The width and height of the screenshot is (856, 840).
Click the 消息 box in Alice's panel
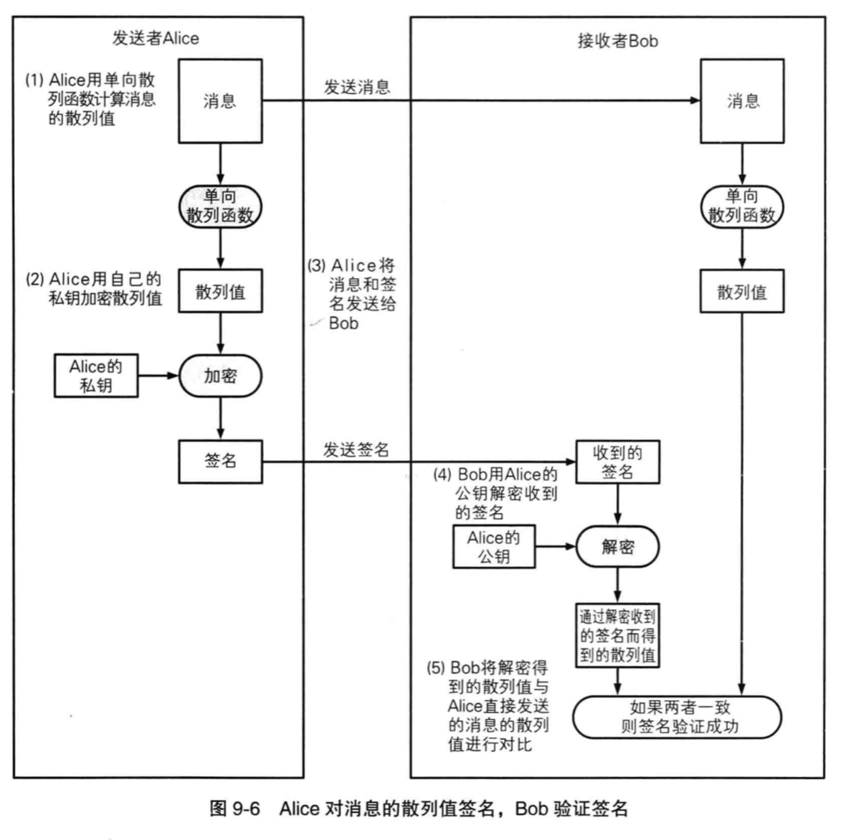click(x=220, y=101)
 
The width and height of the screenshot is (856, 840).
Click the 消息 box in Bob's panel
click(x=742, y=101)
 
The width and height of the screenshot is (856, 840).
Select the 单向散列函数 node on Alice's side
click(x=220, y=206)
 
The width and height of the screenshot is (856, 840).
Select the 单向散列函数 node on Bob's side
click(x=742, y=206)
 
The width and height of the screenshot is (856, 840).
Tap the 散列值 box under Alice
click(x=220, y=291)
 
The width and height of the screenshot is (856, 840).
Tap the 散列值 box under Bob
click(x=742, y=291)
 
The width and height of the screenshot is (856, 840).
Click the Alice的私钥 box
click(x=96, y=376)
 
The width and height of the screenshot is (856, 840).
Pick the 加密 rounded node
click(x=220, y=376)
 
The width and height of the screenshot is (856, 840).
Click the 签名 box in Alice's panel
click(x=220, y=461)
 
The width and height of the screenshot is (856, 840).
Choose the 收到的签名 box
click(x=617, y=462)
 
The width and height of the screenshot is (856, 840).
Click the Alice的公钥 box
click(x=494, y=547)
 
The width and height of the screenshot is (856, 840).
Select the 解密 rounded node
click(x=617, y=547)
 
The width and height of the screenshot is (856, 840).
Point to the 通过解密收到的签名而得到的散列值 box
click(x=617, y=635)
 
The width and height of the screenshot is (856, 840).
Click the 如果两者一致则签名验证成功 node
click(x=677, y=717)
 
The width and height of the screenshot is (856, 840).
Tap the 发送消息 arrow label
click(x=357, y=87)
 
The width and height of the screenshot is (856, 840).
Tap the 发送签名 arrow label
click(x=356, y=450)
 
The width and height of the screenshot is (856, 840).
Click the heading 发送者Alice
click(x=156, y=38)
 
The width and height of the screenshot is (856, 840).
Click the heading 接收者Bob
click(x=617, y=41)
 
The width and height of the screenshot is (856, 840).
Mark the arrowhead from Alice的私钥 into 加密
click(x=173, y=375)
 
